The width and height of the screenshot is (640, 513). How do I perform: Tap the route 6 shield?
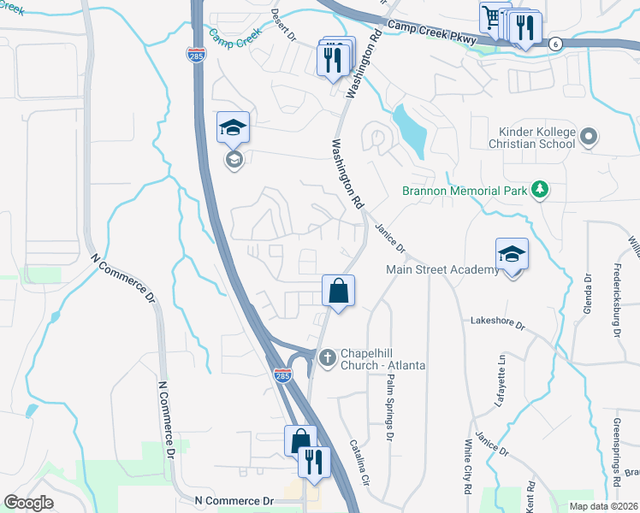tap(555, 44)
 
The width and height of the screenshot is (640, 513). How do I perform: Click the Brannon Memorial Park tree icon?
tap(539, 189)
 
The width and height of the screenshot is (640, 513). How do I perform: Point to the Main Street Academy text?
tap(441, 270)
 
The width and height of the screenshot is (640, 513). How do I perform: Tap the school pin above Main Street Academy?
tap(512, 255)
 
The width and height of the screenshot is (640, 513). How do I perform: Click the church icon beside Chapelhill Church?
tap(326, 358)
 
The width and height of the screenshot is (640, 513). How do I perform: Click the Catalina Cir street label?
tap(359, 461)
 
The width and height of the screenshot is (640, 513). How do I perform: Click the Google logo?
tap(28, 503)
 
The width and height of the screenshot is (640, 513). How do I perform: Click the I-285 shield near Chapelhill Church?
tap(281, 375)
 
